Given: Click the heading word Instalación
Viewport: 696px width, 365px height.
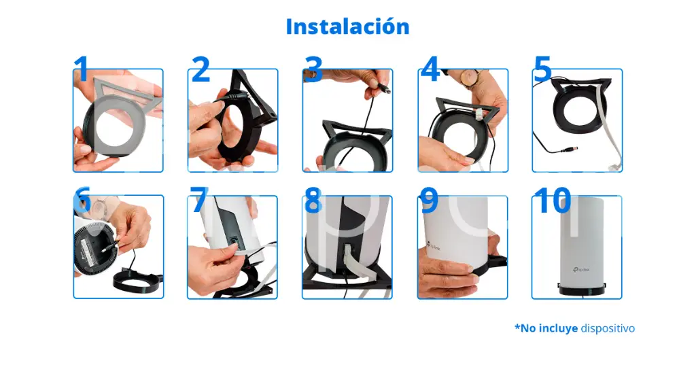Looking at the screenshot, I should click(347, 27).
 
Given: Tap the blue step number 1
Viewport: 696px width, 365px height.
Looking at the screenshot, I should click(81, 69).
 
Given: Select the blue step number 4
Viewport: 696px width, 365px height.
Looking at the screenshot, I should click(430, 69).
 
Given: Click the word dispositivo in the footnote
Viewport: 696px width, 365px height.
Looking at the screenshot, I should click(608, 328).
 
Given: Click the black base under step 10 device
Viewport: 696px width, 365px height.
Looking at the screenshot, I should click(577, 291).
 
